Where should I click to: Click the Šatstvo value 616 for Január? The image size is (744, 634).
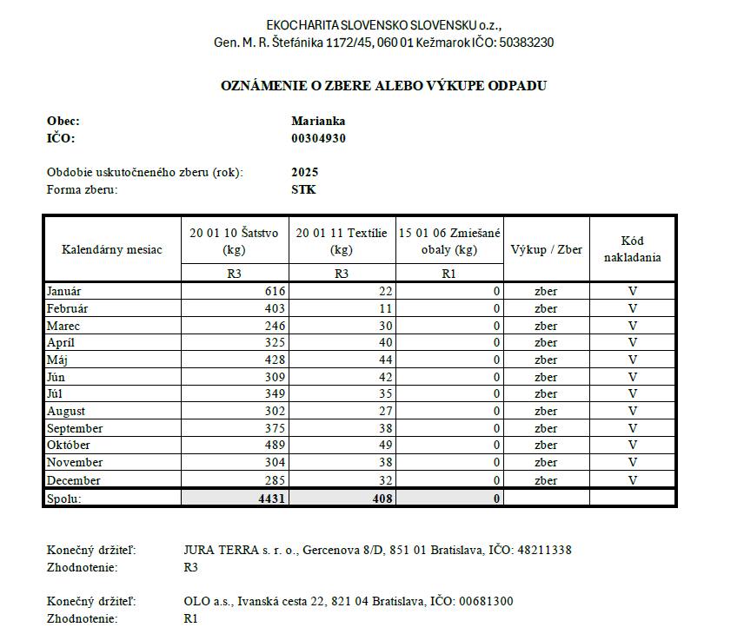click(275, 291)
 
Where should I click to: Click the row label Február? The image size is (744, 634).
click(67, 308)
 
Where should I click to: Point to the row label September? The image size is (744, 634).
click(75, 428)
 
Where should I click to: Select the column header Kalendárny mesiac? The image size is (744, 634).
click(112, 250)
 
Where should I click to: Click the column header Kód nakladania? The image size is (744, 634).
click(633, 249)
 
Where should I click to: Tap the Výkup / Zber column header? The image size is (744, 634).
click(546, 250)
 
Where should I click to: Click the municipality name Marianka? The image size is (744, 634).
click(319, 122)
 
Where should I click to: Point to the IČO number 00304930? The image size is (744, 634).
click(319, 138)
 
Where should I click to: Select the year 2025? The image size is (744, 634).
click(306, 172)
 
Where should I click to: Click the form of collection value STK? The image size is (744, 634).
click(304, 189)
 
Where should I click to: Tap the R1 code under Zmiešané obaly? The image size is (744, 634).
click(449, 273)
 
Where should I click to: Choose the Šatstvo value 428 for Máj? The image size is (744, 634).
click(275, 360)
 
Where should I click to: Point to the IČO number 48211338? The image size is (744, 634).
click(544, 550)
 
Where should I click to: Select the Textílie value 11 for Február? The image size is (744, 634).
click(386, 308)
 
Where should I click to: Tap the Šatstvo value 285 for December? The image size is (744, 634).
click(275, 480)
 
